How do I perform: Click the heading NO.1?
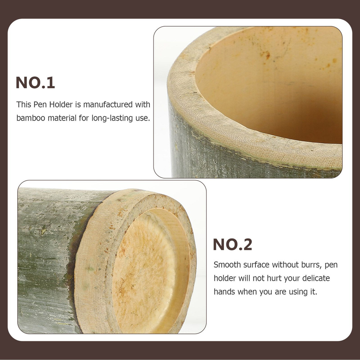tap(35, 83)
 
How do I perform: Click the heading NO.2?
tap(232, 244)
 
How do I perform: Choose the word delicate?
tap(316, 278)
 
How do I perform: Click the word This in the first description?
tap(24, 104)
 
